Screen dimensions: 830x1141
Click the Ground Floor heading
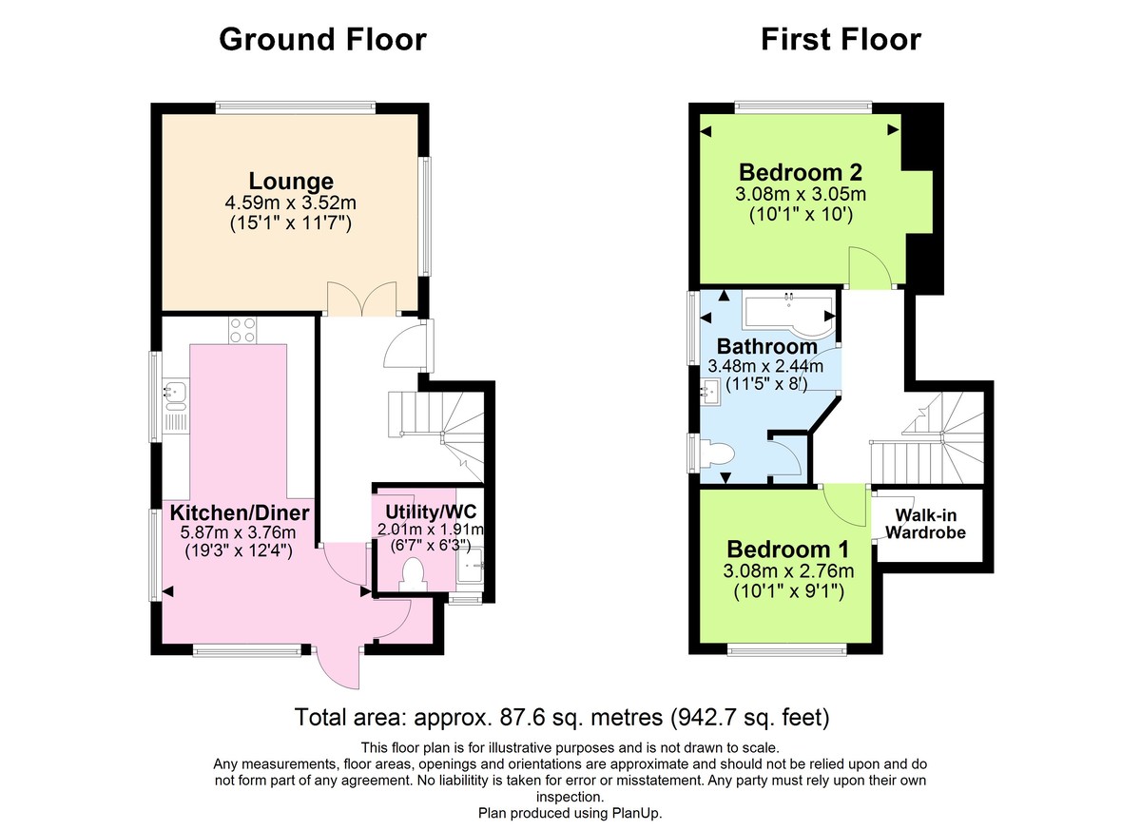point(322,40)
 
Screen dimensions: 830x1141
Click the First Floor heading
point(840,40)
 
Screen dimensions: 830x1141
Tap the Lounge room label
point(291,181)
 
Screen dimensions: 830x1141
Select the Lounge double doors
point(360,298)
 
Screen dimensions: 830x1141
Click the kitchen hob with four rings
point(242,330)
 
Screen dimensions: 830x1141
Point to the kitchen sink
point(176,390)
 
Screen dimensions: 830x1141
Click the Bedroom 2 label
point(801,173)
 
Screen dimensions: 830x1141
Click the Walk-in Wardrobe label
point(926,523)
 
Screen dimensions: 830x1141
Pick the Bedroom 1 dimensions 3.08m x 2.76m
point(788,571)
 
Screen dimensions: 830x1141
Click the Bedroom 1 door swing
point(841,504)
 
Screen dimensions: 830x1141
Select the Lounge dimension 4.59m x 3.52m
point(291,203)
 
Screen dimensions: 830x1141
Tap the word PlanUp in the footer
point(636,814)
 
